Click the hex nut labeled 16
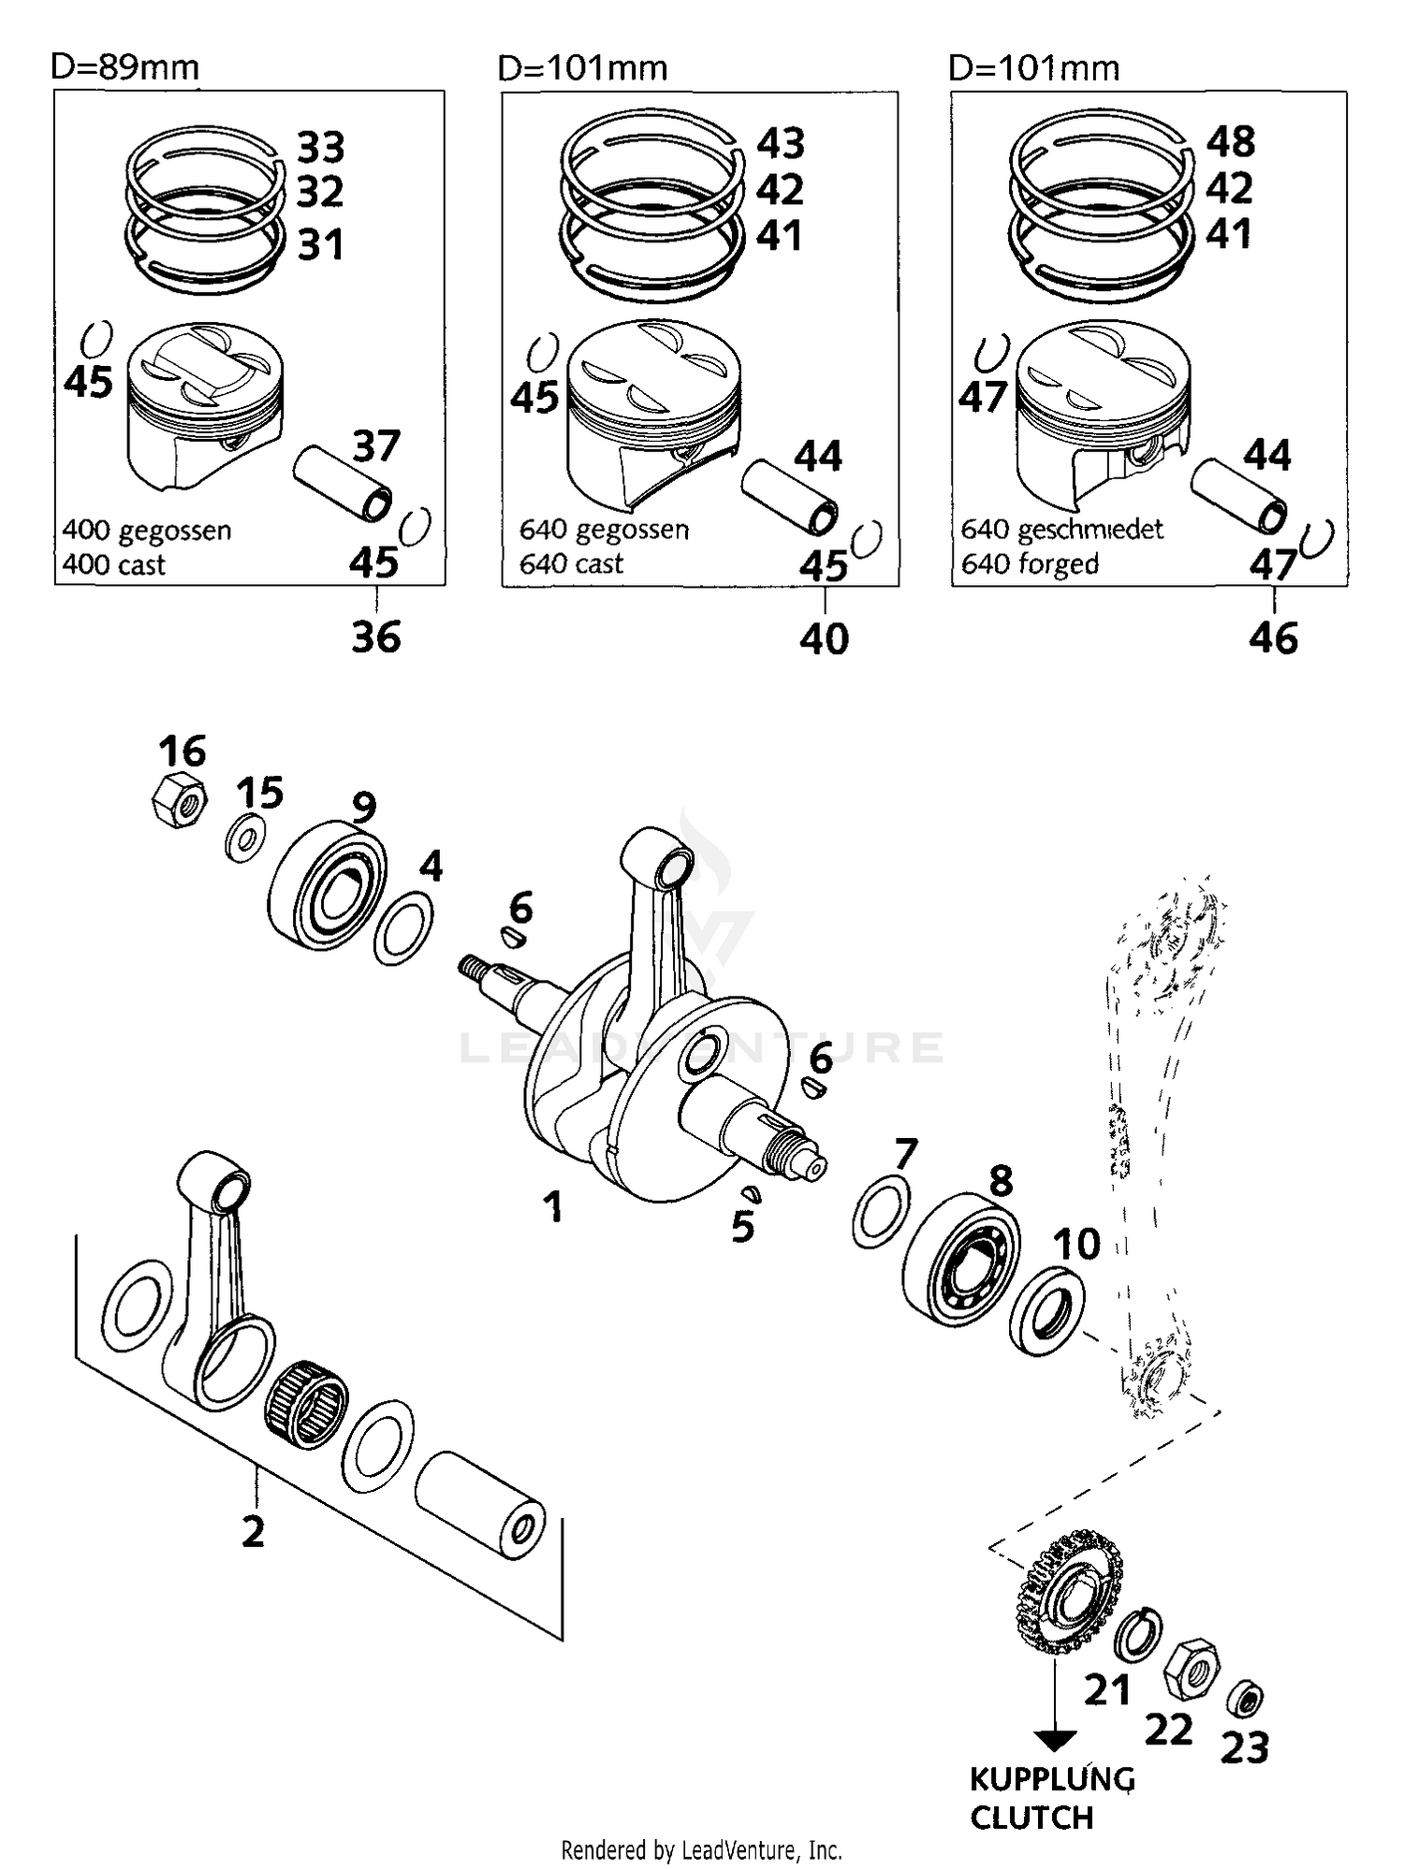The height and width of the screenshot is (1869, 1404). pos(179,802)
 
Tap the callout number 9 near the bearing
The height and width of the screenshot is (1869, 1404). pos(364,806)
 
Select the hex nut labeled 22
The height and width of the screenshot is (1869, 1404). pos(1192,1669)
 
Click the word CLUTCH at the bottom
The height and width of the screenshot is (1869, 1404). pos(1031,1817)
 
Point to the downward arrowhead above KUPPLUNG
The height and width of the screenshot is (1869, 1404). pos(1054,1741)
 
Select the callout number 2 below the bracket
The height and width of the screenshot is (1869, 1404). pos(254,1531)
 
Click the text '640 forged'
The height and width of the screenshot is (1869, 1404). pos(1030,563)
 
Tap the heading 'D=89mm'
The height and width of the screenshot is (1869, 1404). pos(124,67)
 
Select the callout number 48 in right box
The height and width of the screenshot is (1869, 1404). pos(1230,142)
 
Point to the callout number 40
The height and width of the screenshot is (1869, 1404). pos(824,639)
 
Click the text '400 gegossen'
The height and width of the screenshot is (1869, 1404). pos(147,531)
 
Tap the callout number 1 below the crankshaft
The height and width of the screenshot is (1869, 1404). pos(554,1207)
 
